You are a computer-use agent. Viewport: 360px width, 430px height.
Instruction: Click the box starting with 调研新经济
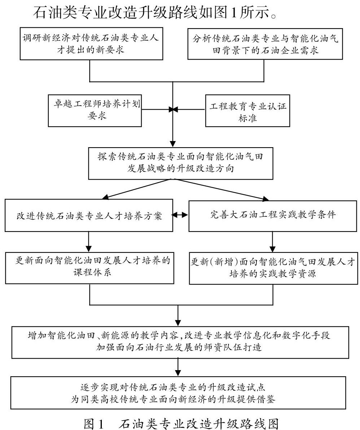click(91, 44)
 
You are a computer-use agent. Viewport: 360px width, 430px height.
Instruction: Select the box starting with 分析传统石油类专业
click(265, 44)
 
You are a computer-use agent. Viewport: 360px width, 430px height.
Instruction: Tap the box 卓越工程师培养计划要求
click(95, 110)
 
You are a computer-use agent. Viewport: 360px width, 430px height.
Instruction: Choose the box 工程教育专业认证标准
click(247, 110)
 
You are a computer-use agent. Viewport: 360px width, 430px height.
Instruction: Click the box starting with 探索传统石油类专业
click(181, 163)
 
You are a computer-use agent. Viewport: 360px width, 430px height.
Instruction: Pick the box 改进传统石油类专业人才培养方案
click(89, 215)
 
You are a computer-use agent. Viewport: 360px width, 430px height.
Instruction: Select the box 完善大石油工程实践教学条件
click(273, 216)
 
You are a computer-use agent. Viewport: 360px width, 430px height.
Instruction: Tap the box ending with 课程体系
click(90, 268)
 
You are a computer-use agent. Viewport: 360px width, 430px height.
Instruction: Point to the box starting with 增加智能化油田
click(180, 342)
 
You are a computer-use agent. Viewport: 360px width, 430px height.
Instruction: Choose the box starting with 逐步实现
click(178, 393)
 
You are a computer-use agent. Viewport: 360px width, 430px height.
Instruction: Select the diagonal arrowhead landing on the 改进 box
click(104, 197)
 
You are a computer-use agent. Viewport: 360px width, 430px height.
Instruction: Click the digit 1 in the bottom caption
click(100, 424)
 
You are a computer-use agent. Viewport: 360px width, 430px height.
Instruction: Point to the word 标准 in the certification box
click(247, 118)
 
